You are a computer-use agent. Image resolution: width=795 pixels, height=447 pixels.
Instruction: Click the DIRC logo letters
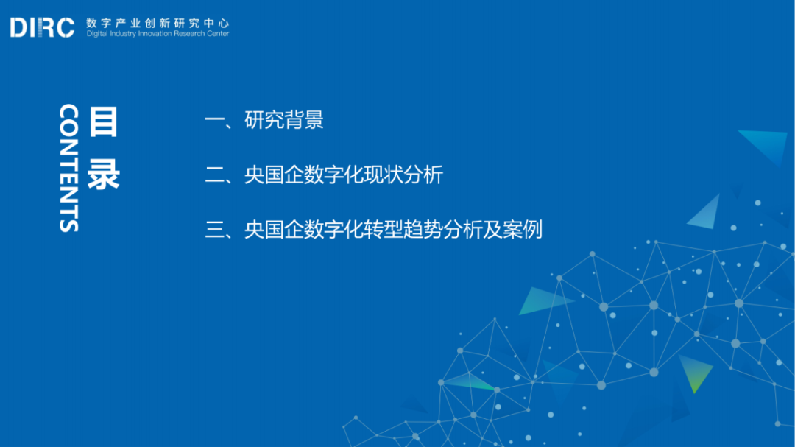click(x=42, y=28)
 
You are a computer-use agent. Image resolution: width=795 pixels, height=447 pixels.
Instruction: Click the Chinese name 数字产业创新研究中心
click(x=158, y=23)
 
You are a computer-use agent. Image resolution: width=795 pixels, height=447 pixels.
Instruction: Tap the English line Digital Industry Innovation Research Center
click(x=158, y=34)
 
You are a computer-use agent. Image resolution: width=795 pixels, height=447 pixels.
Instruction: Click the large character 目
click(x=103, y=122)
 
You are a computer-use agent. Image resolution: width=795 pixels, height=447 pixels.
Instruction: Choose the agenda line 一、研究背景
click(x=264, y=120)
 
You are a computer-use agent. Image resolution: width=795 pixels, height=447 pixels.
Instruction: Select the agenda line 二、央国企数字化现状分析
click(x=324, y=175)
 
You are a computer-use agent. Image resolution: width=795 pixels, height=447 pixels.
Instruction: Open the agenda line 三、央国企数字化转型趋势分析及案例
click(x=373, y=229)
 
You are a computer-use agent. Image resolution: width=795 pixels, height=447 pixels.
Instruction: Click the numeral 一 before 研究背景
click(x=214, y=121)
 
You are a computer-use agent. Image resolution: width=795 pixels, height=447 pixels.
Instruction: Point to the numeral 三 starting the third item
click(x=214, y=229)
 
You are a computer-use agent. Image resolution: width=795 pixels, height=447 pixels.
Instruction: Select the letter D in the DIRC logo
click(x=18, y=28)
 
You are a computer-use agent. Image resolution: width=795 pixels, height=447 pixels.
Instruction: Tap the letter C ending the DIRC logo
click(x=65, y=28)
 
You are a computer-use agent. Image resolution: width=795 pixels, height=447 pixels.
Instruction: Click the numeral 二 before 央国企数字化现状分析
click(x=214, y=175)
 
